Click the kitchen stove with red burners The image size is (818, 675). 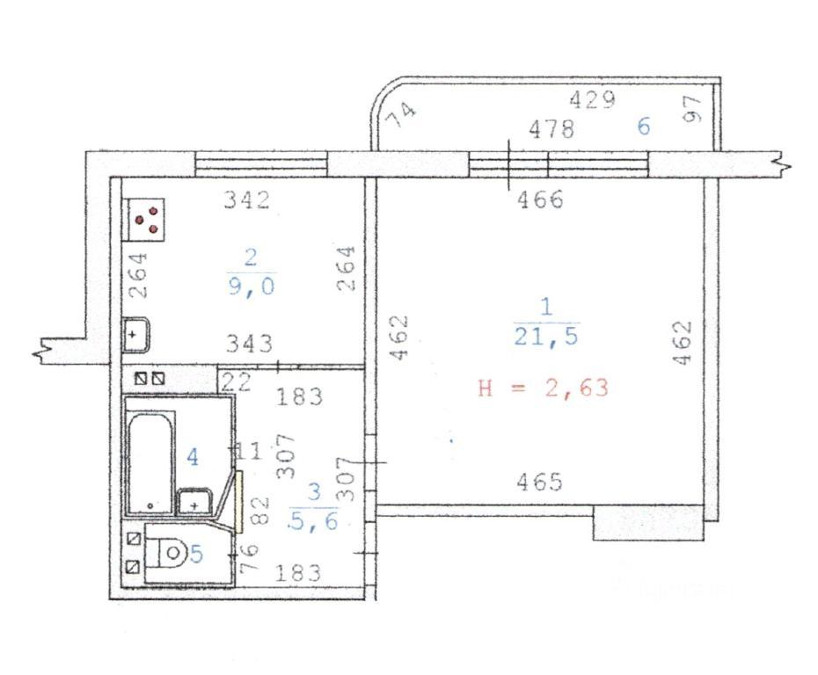click(x=143, y=220)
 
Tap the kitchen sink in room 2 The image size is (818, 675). click(x=136, y=335)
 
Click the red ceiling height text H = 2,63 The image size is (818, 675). click(x=544, y=388)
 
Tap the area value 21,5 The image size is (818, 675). click(x=546, y=337)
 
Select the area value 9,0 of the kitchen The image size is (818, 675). click(x=251, y=287)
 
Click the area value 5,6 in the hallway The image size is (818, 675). click(x=315, y=519)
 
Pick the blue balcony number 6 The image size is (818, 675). click(x=644, y=127)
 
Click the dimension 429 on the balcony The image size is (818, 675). click(x=592, y=99)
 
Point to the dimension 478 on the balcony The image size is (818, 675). click(x=551, y=128)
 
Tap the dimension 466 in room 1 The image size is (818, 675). click(x=540, y=200)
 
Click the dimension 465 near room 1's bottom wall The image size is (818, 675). click(x=539, y=482)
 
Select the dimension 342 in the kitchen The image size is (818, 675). click(x=247, y=200)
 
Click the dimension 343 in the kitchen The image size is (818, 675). click(x=250, y=344)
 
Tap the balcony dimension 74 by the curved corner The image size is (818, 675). click(x=403, y=113)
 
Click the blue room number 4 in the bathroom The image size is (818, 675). click(x=193, y=458)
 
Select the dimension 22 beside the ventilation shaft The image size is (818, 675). click(x=237, y=382)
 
